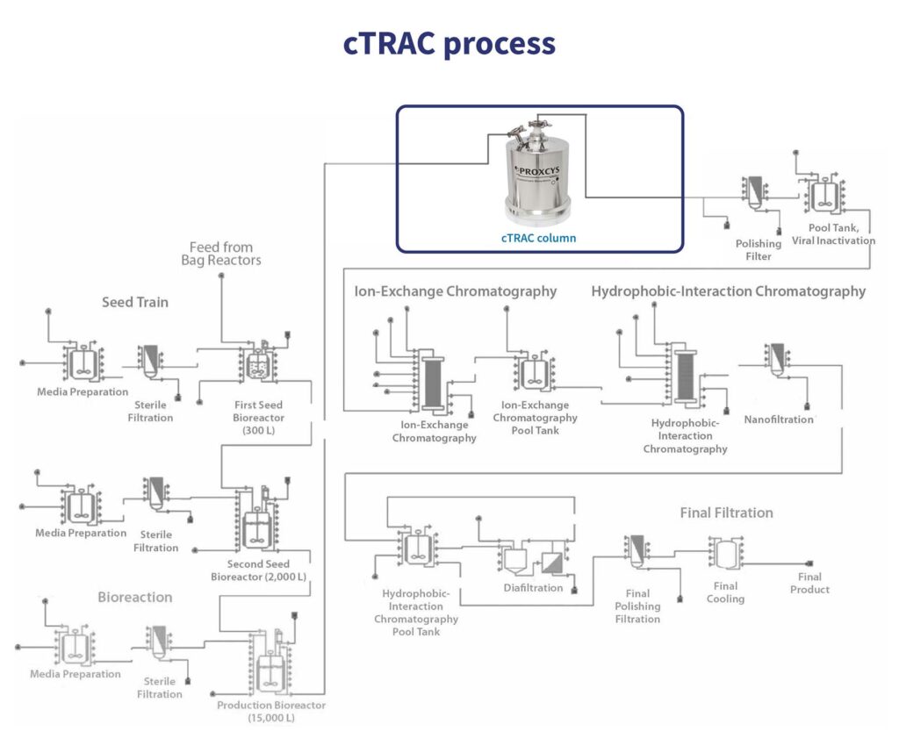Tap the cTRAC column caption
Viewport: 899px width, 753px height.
(538, 237)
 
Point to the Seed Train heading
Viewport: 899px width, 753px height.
(134, 302)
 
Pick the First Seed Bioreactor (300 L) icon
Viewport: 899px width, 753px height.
(257, 362)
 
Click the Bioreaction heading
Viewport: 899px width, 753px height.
(134, 597)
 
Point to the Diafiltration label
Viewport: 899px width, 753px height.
(533, 587)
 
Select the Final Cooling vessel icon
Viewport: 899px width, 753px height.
(726, 555)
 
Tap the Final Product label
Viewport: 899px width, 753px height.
(809, 583)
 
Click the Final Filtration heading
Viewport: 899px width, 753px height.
(726, 513)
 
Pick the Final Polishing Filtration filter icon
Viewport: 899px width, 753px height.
(636, 550)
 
